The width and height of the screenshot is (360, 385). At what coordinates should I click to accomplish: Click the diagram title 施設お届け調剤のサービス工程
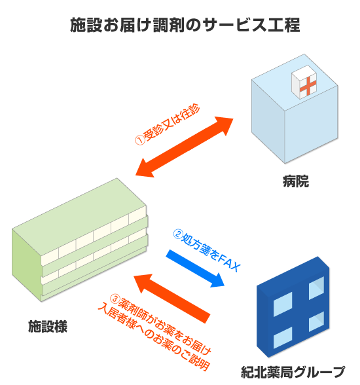pos(185,25)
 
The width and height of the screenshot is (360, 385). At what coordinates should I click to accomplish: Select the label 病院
pos(296,181)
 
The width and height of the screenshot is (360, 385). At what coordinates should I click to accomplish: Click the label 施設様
pos(48,326)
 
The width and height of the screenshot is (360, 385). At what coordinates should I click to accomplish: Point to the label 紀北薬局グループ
pos(293,372)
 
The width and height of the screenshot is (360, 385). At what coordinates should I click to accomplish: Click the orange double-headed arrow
pos(185,147)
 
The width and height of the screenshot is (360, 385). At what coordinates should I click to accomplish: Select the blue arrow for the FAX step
pos(195,268)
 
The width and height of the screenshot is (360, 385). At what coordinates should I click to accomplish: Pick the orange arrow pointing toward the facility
pos(171,299)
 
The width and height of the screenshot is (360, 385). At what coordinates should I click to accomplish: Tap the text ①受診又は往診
pos(168,124)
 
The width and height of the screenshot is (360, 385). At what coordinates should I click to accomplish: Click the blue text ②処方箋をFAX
pos(207,250)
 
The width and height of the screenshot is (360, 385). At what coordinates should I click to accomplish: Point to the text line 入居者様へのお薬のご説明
pos(154,339)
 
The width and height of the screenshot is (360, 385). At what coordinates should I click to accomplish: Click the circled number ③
pos(115,299)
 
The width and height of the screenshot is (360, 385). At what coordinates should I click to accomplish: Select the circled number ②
pos(178,234)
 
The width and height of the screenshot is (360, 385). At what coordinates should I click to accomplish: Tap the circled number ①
pos(140,140)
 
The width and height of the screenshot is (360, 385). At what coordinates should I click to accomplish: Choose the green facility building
pos(80,240)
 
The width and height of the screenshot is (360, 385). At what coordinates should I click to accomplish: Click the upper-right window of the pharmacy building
pos(316,287)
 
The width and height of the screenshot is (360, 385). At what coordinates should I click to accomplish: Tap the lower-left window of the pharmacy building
pos(283,337)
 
